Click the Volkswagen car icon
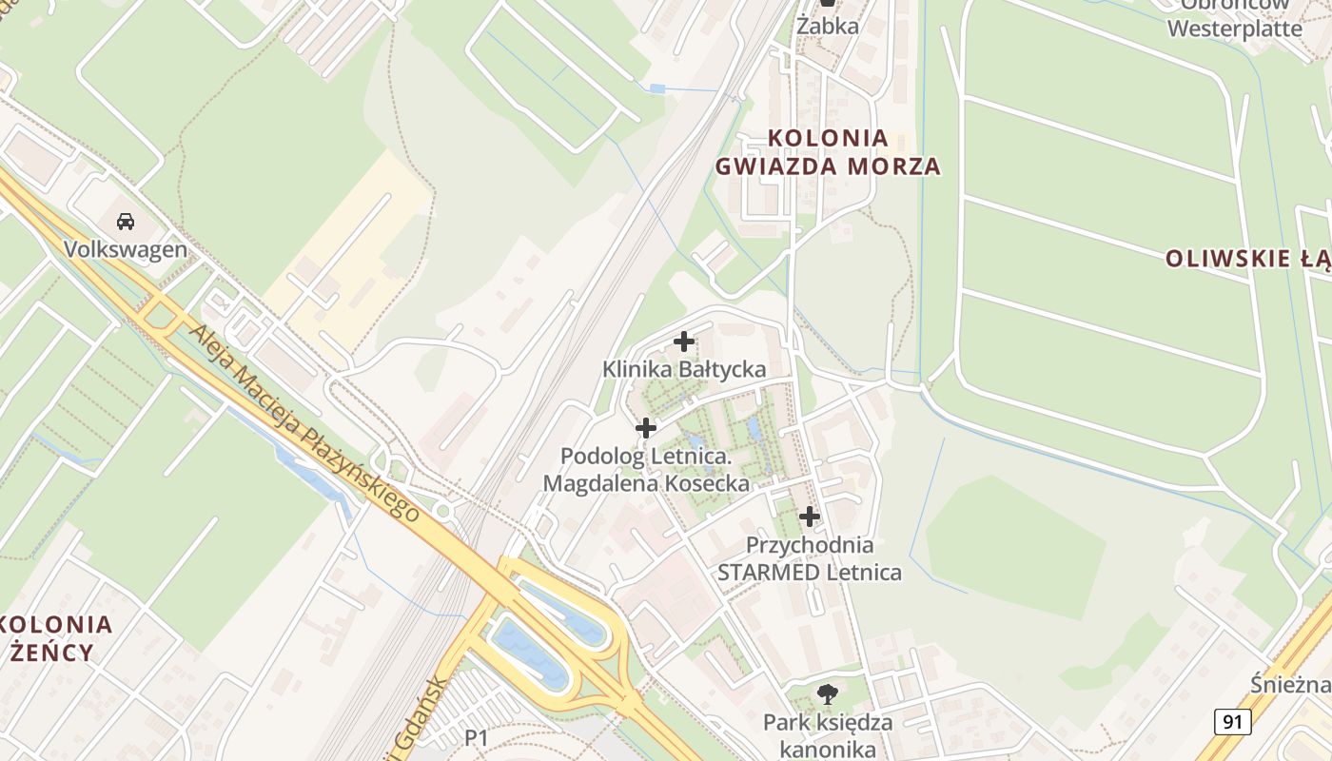click(x=125, y=222)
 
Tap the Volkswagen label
click(x=125, y=249)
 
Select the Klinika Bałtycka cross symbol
click(x=683, y=341)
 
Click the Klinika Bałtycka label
click(x=684, y=369)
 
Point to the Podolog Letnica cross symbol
click(x=645, y=428)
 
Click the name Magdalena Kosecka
click(x=646, y=483)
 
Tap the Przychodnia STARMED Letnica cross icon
click(x=810, y=517)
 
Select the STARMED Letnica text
click(x=809, y=572)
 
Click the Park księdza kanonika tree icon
click(x=828, y=693)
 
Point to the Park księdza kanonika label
click(x=828, y=735)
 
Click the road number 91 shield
click(x=1232, y=722)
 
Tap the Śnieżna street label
click(x=1290, y=686)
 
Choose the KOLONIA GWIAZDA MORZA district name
click(x=828, y=152)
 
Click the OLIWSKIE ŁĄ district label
click(x=1246, y=259)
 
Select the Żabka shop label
click(x=828, y=26)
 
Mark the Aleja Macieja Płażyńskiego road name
click(x=305, y=423)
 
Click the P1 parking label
click(x=476, y=737)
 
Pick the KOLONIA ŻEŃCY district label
click(x=57, y=638)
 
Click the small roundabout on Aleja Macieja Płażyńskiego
click(x=442, y=511)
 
